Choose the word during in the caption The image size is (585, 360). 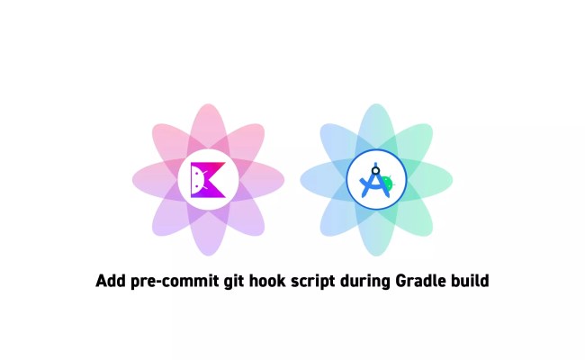pos(364,282)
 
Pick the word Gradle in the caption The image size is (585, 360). pos(420,282)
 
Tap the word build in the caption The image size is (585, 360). pos(469,282)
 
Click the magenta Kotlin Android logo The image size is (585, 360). pos(208,180)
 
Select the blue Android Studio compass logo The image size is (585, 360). pos(376,180)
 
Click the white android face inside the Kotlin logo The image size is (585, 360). pos(200,181)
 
